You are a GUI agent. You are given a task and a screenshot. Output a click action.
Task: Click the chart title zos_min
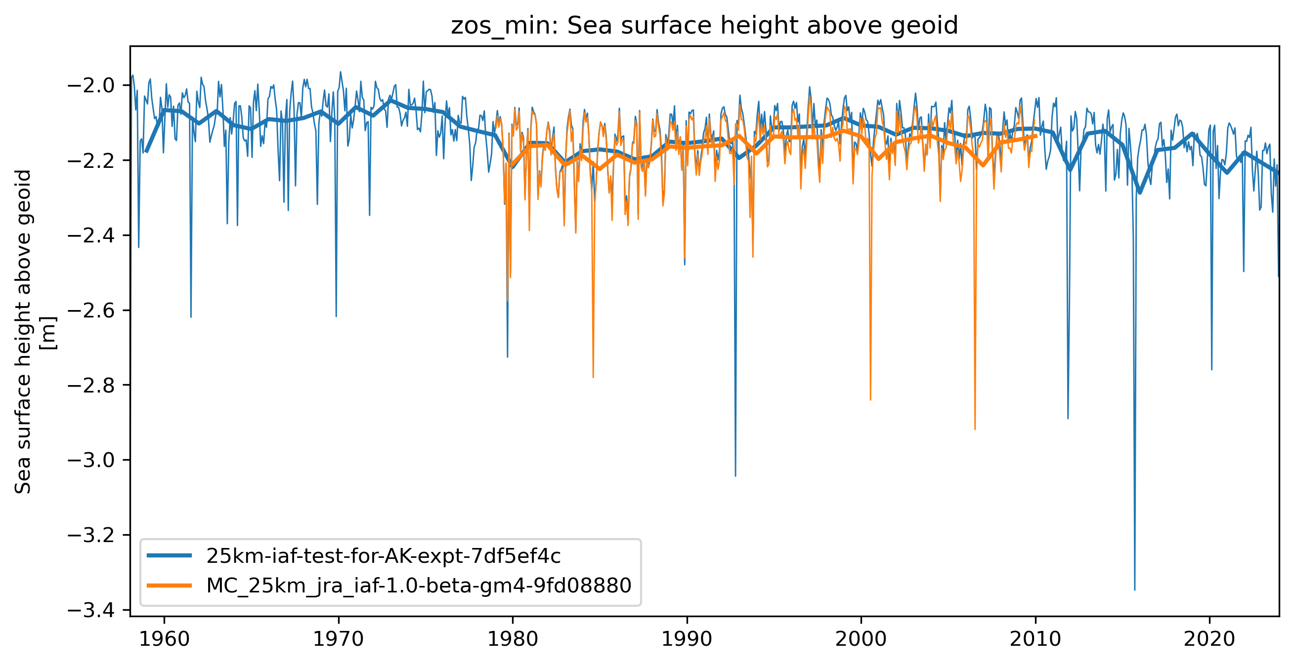click(704, 26)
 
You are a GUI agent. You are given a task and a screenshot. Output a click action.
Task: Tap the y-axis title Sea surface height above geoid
click(23, 331)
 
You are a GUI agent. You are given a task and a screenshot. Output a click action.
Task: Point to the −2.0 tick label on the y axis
click(91, 85)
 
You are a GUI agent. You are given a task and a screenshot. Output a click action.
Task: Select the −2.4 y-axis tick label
click(91, 235)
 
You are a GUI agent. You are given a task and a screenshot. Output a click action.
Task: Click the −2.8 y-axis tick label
click(91, 386)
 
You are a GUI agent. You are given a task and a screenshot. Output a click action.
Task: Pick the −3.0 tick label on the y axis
click(91, 460)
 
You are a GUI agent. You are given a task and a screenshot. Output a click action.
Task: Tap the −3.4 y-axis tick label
click(91, 610)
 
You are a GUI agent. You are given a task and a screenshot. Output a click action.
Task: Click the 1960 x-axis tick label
click(164, 639)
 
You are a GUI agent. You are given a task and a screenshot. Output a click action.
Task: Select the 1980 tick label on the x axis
click(513, 639)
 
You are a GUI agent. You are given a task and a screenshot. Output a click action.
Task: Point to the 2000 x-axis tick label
click(861, 639)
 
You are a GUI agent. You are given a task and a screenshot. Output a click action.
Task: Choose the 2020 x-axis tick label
click(1209, 639)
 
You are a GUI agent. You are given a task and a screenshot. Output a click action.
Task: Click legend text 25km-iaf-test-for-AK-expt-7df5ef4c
click(383, 555)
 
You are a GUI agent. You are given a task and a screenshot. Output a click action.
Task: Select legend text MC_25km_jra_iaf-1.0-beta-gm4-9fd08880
click(419, 585)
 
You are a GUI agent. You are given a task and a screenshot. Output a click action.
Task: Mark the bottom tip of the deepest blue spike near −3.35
click(1135, 590)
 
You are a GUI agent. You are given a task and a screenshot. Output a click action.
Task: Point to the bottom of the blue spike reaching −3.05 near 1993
click(735, 476)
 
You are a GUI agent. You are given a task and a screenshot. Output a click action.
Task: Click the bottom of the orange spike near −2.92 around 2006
click(975, 429)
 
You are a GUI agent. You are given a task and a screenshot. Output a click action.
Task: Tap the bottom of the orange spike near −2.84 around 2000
click(870, 399)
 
